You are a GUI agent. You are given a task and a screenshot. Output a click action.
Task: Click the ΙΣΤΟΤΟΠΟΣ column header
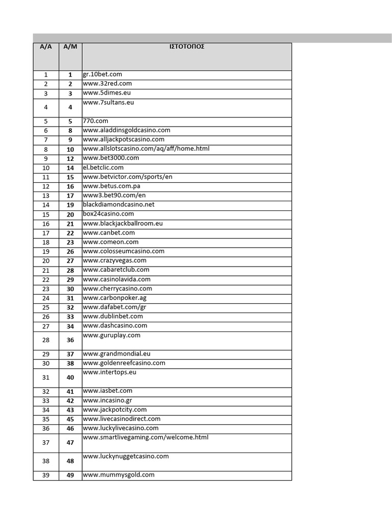click(x=187, y=46)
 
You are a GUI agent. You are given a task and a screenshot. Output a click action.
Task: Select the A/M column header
click(x=70, y=46)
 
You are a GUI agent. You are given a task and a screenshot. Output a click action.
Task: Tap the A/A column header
click(x=46, y=46)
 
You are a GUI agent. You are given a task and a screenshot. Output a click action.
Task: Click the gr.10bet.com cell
click(x=103, y=75)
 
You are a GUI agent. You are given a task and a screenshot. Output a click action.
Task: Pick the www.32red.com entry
click(x=107, y=84)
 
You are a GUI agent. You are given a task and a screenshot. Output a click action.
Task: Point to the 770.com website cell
click(x=95, y=121)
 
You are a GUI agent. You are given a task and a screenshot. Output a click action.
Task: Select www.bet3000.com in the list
click(x=110, y=158)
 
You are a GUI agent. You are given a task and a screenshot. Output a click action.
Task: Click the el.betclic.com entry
click(x=103, y=168)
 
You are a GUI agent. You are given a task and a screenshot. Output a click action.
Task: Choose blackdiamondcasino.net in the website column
click(x=118, y=205)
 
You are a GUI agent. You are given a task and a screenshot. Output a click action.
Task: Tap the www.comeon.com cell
click(x=110, y=242)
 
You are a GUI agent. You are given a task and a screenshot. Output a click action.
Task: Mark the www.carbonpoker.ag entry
click(x=114, y=298)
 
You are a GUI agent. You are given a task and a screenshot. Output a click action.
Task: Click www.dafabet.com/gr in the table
click(x=114, y=307)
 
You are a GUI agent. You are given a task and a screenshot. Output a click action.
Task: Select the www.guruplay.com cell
click(x=111, y=336)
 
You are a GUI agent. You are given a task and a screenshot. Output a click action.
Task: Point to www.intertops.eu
click(x=110, y=372)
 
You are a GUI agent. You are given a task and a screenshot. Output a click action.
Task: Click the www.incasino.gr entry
click(x=107, y=400)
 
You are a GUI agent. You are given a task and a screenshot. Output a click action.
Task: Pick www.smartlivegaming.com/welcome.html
click(x=145, y=438)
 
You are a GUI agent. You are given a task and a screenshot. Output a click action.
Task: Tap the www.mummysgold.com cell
click(x=118, y=475)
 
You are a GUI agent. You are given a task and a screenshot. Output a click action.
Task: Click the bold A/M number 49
click(x=70, y=476)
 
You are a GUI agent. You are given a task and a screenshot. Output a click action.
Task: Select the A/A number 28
click(x=46, y=340)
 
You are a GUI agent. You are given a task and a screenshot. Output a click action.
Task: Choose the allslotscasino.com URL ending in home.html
click(x=146, y=149)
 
